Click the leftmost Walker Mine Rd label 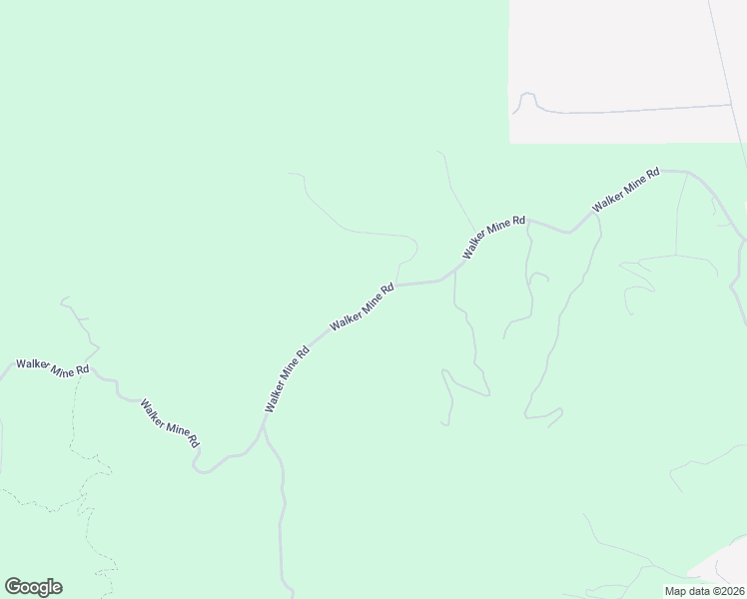point(52,366)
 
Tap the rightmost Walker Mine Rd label point(626,189)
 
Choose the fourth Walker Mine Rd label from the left point(363,306)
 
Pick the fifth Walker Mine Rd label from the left point(493,238)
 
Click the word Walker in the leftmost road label point(33,364)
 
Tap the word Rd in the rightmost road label point(652,174)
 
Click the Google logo point(33,587)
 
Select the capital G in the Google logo point(13,587)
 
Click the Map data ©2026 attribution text point(704,591)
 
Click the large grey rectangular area point(609,60)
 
